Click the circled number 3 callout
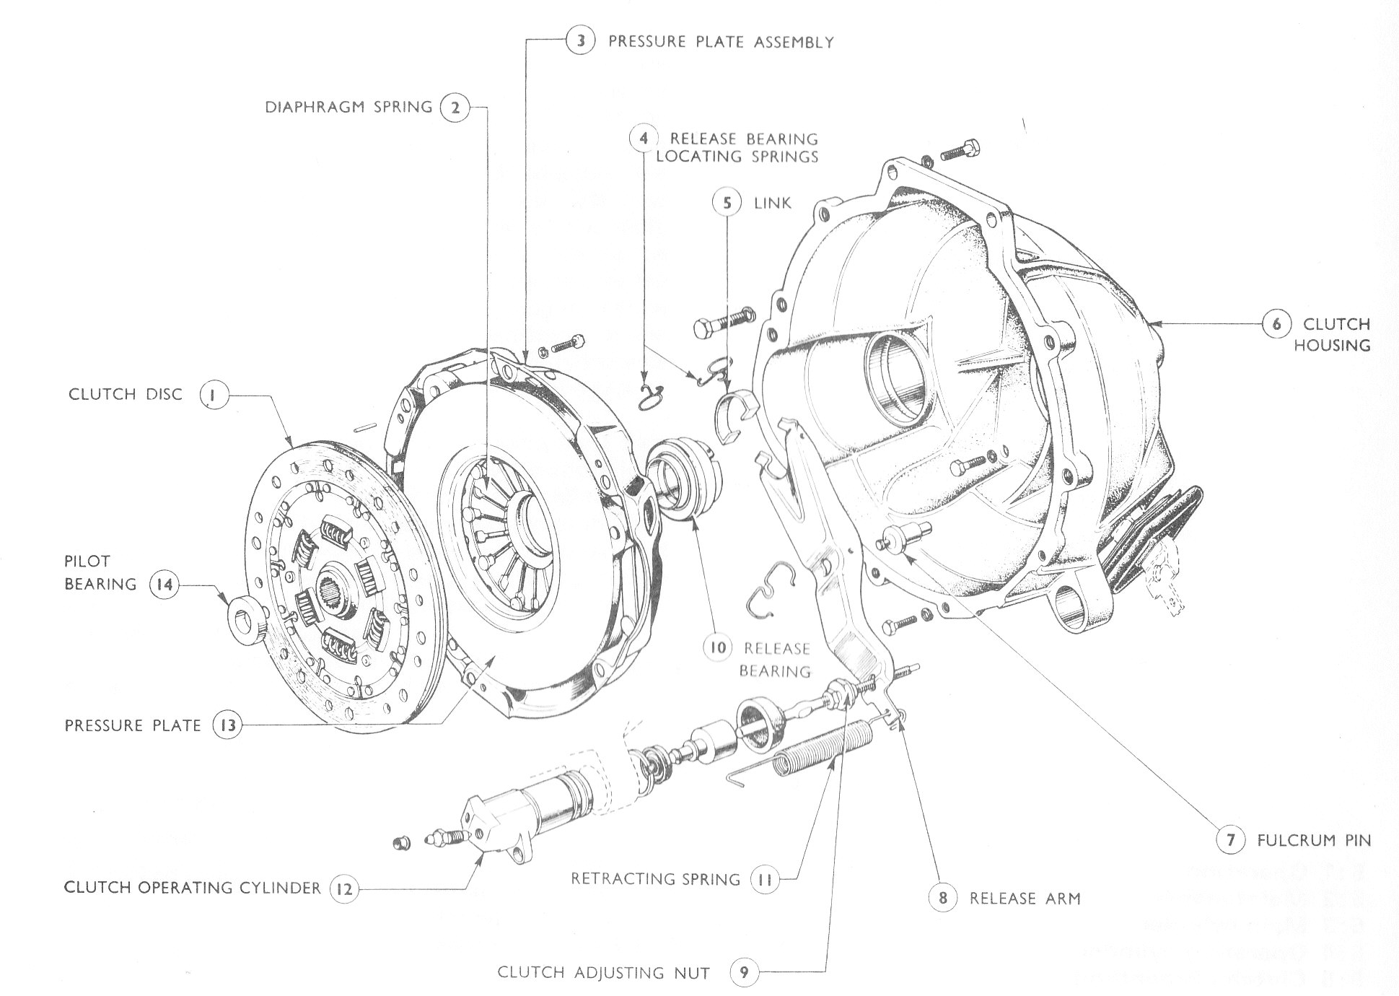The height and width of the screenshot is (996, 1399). [x=580, y=40]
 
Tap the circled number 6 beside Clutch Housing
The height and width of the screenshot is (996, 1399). [x=1276, y=324]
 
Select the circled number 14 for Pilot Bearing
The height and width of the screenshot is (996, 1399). [x=165, y=583]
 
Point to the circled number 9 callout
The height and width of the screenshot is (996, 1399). [x=744, y=973]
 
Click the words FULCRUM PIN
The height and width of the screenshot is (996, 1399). [x=1313, y=840]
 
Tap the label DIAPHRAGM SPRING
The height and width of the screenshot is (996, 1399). [x=348, y=108]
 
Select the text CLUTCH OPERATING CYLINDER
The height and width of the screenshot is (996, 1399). [x=192, y=887]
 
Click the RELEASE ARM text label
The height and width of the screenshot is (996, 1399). [x=1025, y=899]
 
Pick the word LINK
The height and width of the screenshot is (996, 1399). [x=772, y=203]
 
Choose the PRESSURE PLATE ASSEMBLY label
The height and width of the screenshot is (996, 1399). [x=721, y=42]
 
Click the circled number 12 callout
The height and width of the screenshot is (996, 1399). [x=345, y=888]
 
